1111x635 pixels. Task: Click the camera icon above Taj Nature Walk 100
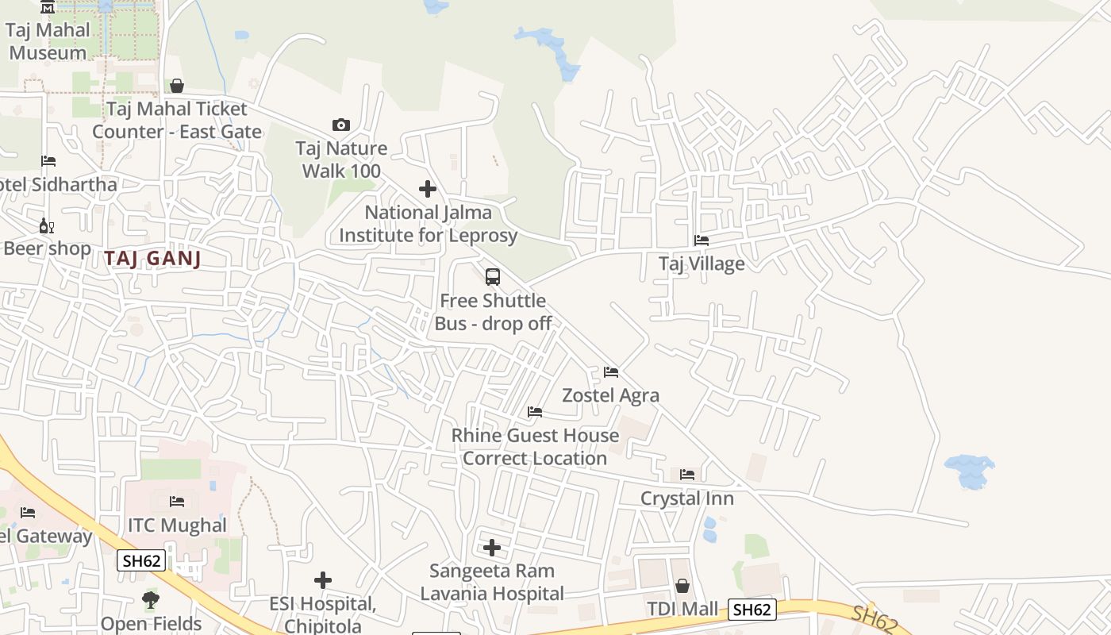(x=340, y=125)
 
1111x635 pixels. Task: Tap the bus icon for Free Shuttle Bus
(x=493, y=277)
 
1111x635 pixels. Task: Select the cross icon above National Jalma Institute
(x=428, y=189)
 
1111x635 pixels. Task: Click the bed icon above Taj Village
(x=702, y=240)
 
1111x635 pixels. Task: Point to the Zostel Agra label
(x=610, y=394)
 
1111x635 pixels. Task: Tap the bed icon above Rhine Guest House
(x=535, y=412)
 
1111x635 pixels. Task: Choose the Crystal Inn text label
(x=686, y=498)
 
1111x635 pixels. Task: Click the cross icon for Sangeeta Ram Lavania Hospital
(x=492, y=548)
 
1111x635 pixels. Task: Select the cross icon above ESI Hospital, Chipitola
(x=323, y=580)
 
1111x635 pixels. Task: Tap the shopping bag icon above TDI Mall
(x=682, y=587)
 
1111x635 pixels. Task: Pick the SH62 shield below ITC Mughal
(x=141, y=560)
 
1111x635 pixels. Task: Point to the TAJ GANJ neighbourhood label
(x=152, y=258)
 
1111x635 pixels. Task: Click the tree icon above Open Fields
(x=151, y=600)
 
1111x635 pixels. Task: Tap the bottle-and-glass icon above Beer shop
(x=47, y=225)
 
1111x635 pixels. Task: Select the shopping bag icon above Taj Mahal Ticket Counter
(x=177, y=86)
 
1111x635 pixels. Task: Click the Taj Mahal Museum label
(x=48, y=41)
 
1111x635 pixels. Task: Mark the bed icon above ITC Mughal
(x=177, y=502)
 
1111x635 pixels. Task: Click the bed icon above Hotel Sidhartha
(x=48, y=161)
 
